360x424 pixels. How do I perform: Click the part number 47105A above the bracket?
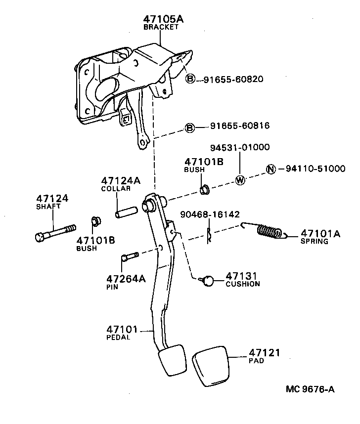[x=163, y=19]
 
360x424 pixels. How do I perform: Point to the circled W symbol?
[x=240, y=180]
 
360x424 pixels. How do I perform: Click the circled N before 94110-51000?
[x=270, y=169]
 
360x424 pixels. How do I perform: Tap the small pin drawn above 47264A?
[x=129, y=257]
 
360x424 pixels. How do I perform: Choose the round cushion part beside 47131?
[x=208, y=281]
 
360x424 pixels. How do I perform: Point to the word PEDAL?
[x=118, y=338]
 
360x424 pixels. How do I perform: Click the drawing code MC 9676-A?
[x=310, y=389]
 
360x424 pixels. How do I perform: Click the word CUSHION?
[x=242, y=284]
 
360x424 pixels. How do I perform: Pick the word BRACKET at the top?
[x=161, y=27]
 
